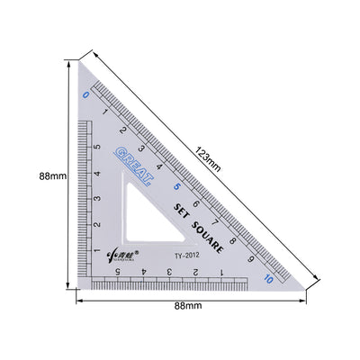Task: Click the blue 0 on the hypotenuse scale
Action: [85, 93]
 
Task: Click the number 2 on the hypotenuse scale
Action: [123, 130]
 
